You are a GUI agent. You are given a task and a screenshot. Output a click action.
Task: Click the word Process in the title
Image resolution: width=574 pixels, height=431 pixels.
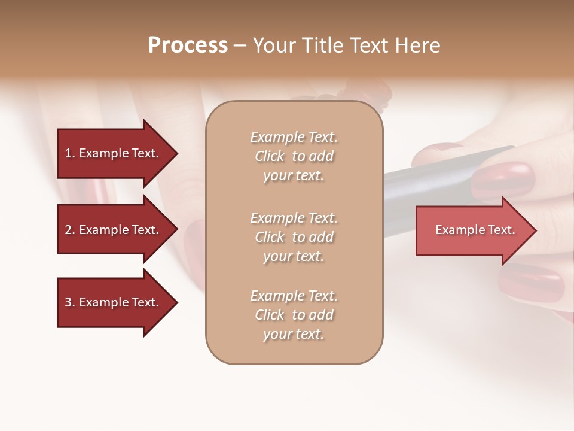(188, 45)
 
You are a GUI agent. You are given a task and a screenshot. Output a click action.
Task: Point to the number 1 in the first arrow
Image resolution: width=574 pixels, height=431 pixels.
(68, 153)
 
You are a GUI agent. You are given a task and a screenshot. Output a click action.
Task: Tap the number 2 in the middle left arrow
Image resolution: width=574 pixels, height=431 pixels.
(68, 230)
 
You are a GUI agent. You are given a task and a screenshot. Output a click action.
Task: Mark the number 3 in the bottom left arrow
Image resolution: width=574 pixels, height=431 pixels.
(68, 302)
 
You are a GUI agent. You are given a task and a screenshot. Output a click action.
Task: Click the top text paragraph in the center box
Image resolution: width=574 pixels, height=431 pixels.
(294, 156)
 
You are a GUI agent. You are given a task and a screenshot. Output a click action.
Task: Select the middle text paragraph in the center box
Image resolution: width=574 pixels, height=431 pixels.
(294, 237)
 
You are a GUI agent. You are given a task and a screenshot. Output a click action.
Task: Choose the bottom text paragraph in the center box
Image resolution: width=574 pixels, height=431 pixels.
(294, 315)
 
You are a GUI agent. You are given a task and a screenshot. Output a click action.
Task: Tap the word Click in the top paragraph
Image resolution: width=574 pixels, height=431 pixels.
(270, 156)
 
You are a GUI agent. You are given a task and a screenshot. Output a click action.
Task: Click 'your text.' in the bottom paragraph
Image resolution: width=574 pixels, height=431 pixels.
(294, 334)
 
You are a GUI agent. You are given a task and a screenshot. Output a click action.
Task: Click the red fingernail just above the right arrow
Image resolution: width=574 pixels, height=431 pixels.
(503, 180)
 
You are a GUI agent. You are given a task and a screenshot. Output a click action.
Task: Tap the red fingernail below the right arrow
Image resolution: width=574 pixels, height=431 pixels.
(532, 281)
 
